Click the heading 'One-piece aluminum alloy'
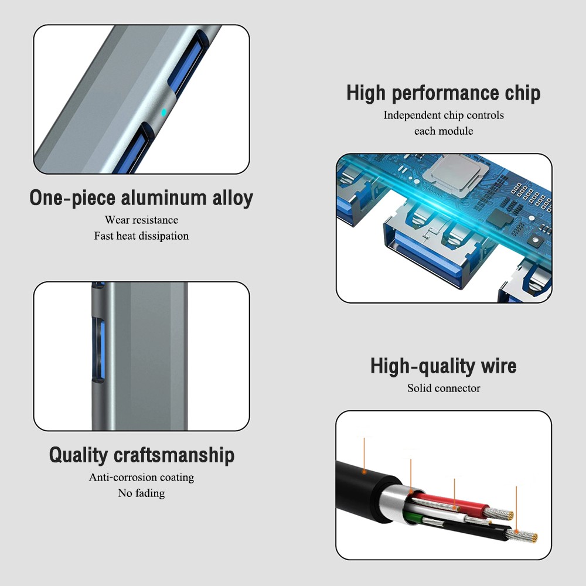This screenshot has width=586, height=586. pyautogui.click(x=141, y=198)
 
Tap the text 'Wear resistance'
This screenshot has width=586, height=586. pyautogui.click(x=141, y=220)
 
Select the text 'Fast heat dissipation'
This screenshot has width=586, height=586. pyautogui.click(x=141, y=236)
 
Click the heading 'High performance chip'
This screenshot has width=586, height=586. pyautogui.click(x=443, y=93)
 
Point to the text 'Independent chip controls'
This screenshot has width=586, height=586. pyautogui.click(x=443, y=115)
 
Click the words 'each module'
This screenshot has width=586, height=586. pyautogui.click(x=443, y=131)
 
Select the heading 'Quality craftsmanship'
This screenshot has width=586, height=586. pyautogui.click(x=141, y=455)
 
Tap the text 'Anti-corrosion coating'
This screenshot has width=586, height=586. pyautogui.click(x=141, y=478)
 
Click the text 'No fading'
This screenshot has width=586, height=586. pyautogui.click(x=141, y=493)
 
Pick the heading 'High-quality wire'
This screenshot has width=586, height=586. pyautogui.click(x=443, y=366)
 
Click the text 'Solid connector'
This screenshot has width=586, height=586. pyautogui.click(x=443, y=388)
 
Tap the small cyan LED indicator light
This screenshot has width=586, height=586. pyautogui.click(x=163, y=111)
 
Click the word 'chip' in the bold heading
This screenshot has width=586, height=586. pyautogui.click(x=522, y=93)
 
